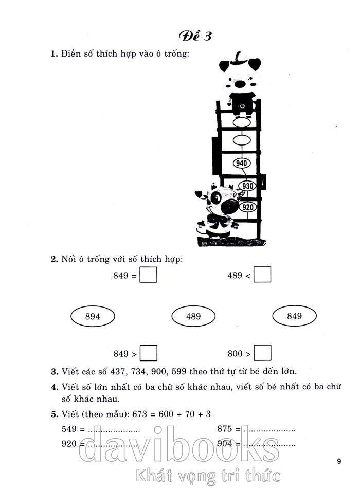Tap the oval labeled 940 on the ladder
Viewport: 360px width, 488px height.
[241, 164]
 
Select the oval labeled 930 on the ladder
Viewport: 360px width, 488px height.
[248, 186]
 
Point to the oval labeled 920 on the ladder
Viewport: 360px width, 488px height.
[248, 207]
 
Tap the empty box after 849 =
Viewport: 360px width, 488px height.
[149, 276]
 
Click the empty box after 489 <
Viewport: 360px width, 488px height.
[263, 276]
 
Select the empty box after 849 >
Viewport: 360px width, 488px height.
[149, 353]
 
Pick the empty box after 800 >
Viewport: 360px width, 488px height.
[263, 353]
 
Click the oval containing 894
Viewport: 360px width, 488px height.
[93, 317]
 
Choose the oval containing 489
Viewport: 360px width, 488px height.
[193, 317]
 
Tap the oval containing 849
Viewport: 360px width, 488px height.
[294, 316]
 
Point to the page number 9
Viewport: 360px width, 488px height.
[339, 461]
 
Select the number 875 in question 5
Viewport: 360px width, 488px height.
[225, 428]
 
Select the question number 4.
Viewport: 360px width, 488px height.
[53, 386]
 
